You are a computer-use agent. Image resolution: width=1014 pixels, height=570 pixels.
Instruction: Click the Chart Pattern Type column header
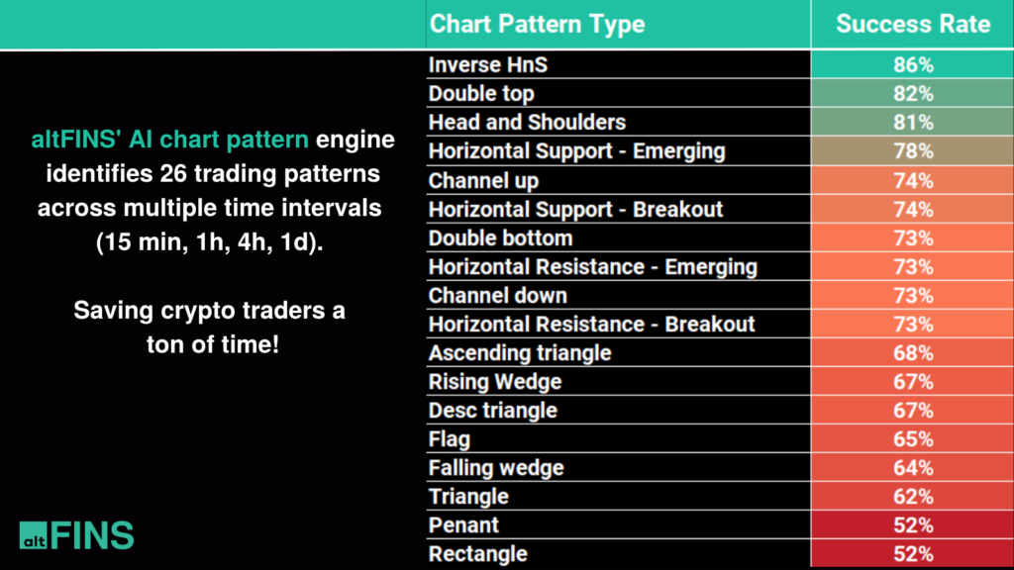(x=537, y=24)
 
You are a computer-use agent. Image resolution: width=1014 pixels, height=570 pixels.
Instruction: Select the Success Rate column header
(x=912, y=24)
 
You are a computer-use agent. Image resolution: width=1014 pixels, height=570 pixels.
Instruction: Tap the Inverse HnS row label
(x=487, y=65)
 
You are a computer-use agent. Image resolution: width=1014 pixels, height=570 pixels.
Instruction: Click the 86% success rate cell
(x=912, y=65)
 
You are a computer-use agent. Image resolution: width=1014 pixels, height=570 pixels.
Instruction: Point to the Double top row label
(x=481, y=94)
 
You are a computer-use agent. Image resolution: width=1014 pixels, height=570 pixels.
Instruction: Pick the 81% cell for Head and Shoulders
(x=912, y=123)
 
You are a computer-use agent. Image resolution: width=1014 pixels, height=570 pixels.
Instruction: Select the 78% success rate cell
(x=912, y=151)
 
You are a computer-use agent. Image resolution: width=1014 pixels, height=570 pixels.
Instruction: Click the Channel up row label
(x=483, y=181)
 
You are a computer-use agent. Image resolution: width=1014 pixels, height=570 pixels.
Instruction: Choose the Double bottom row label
(x=500, y=238)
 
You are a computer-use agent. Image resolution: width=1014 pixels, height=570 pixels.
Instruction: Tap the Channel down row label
(x=497, y=296)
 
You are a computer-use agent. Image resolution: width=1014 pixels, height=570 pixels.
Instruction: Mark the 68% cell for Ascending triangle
(x=912, y=353)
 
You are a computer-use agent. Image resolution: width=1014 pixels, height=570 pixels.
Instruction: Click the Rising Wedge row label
(x=494, y=382)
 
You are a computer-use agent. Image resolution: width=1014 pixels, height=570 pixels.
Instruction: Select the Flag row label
(x=449, y=439)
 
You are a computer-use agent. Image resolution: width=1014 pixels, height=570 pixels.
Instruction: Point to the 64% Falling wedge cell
(x=912, y=468)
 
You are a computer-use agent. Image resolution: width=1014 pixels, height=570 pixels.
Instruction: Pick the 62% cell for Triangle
(x=912, y=497)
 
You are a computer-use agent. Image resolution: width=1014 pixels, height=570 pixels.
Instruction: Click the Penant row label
(x=463, y=525)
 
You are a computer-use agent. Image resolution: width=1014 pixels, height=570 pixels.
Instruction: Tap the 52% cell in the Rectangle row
(x=912, y=554)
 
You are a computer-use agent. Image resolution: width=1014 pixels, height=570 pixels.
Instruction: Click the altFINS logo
(x=76, y=534)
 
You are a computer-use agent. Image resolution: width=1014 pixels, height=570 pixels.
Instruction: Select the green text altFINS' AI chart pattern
(x=169, y=140)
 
